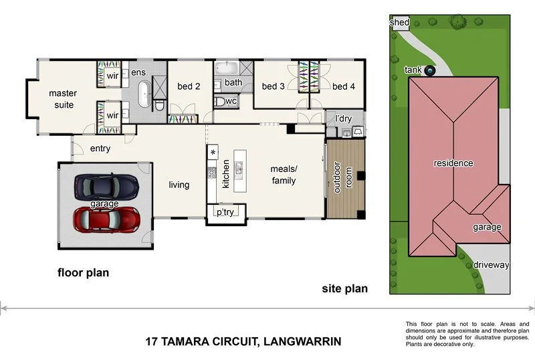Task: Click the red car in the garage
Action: pyautogui.click(x=106, y=218)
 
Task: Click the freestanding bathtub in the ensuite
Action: pyautogui.click(x=144, y=93)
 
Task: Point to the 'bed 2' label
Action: pyautogui.click(x=189, y=86)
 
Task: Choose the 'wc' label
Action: pyautogui.click(x=231, y=101)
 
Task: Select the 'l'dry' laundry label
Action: pyautogui.click(x=343, y=119)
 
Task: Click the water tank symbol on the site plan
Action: pyautogui.click(x=430, y=70)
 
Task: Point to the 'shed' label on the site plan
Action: pyautogui.click(x=399, y=23)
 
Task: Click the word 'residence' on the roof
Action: pyautogui.click(x=453, y=163)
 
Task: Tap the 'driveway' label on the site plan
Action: pyautogui.click(x=491, y=265)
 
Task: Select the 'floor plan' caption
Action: pyautogui.click(x=83, y=272)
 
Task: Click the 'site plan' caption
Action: pyautogui.click(x=345, y=289)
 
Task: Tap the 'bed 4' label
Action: pyautogui.click(x=344, y=86)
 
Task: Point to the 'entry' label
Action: pyautogui.click(x=100, y=149)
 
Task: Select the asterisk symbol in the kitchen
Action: pyautogui.click(x=213, y=153)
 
